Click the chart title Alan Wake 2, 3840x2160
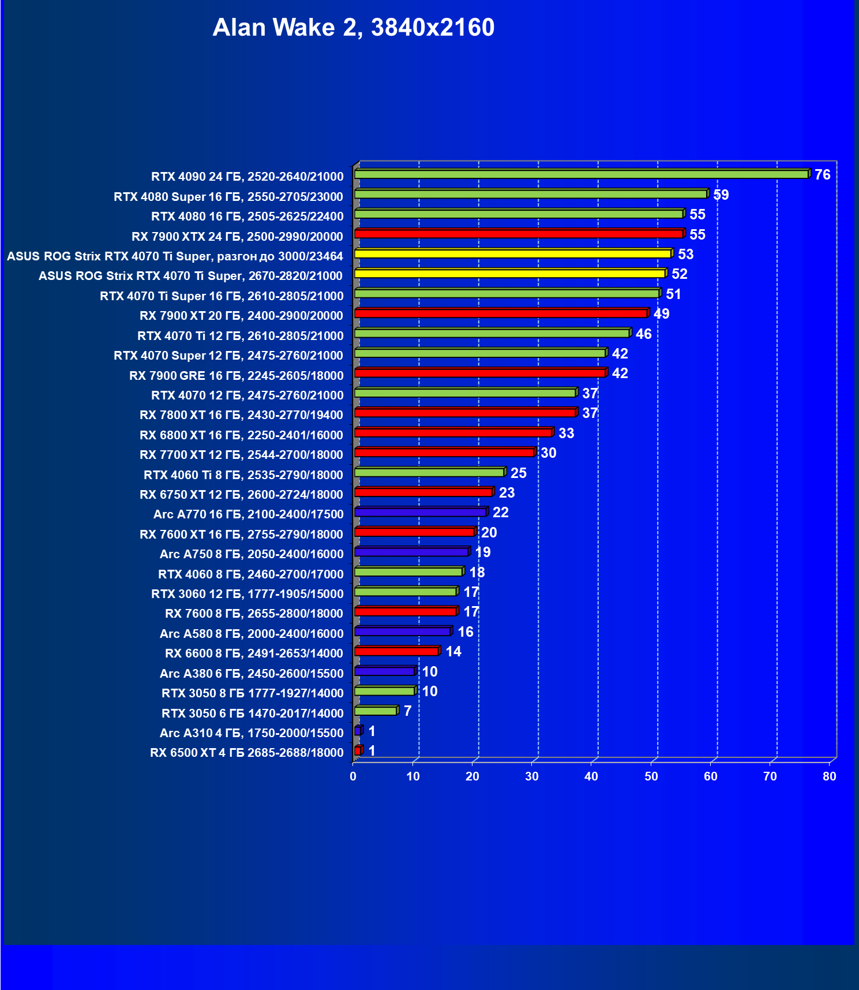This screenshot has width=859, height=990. pos(353,28)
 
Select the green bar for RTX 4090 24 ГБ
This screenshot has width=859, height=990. pos(581,174)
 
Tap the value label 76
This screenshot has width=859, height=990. pos(822,174)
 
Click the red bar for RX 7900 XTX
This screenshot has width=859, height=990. pos(519,234)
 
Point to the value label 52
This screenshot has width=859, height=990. pos(679,274)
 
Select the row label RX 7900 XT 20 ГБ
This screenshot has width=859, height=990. pos(241,316)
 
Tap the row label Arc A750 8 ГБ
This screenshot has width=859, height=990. pos(252,554)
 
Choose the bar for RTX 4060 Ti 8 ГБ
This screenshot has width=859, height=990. pos(429,473)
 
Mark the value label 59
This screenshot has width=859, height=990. pos(721,195)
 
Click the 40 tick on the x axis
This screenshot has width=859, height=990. pos(591,776)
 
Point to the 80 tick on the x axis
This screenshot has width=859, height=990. pos(829,776)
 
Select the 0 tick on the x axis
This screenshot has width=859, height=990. pos(353,776)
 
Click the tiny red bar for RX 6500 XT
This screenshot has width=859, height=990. pos(358,750)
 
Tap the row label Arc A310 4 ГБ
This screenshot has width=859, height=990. pos(252,733)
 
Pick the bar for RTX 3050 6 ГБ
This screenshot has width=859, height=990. pos(376,711)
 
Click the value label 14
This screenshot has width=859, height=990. pos(453,652)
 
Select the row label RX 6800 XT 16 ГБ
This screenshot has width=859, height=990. pos(241,435)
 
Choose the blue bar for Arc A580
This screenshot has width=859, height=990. pos(402,632)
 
